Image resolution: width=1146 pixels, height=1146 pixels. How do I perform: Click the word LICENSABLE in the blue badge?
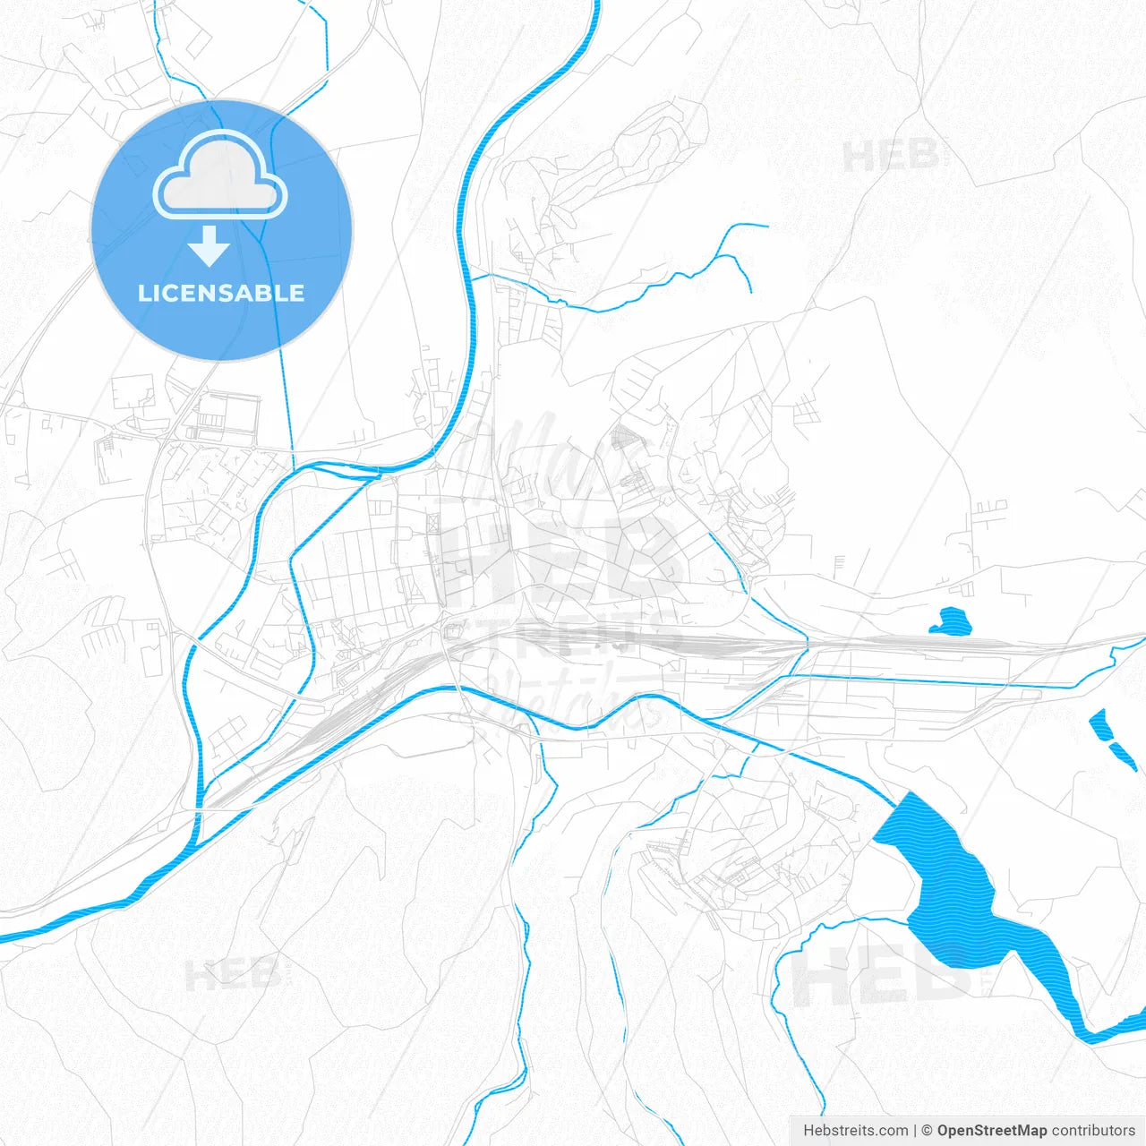[221, 293]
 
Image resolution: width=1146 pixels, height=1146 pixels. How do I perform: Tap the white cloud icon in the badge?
[220, 175]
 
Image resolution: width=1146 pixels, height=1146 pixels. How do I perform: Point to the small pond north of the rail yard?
[951, 620]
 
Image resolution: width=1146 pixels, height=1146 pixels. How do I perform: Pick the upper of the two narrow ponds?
[1099, 724]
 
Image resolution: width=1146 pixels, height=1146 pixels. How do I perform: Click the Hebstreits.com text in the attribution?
[855, 1131]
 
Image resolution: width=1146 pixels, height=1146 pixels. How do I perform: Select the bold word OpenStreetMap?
[991, 1131]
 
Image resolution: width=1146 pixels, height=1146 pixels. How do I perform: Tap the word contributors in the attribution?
[1093, 1131]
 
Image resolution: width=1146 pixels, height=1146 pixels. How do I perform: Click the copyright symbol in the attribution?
[928, 1131]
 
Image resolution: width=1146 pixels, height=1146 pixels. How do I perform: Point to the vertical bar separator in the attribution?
[915, 1131]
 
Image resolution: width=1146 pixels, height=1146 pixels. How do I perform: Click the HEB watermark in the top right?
[890, 157]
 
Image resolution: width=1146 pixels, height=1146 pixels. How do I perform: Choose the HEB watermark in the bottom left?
[233, 974]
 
